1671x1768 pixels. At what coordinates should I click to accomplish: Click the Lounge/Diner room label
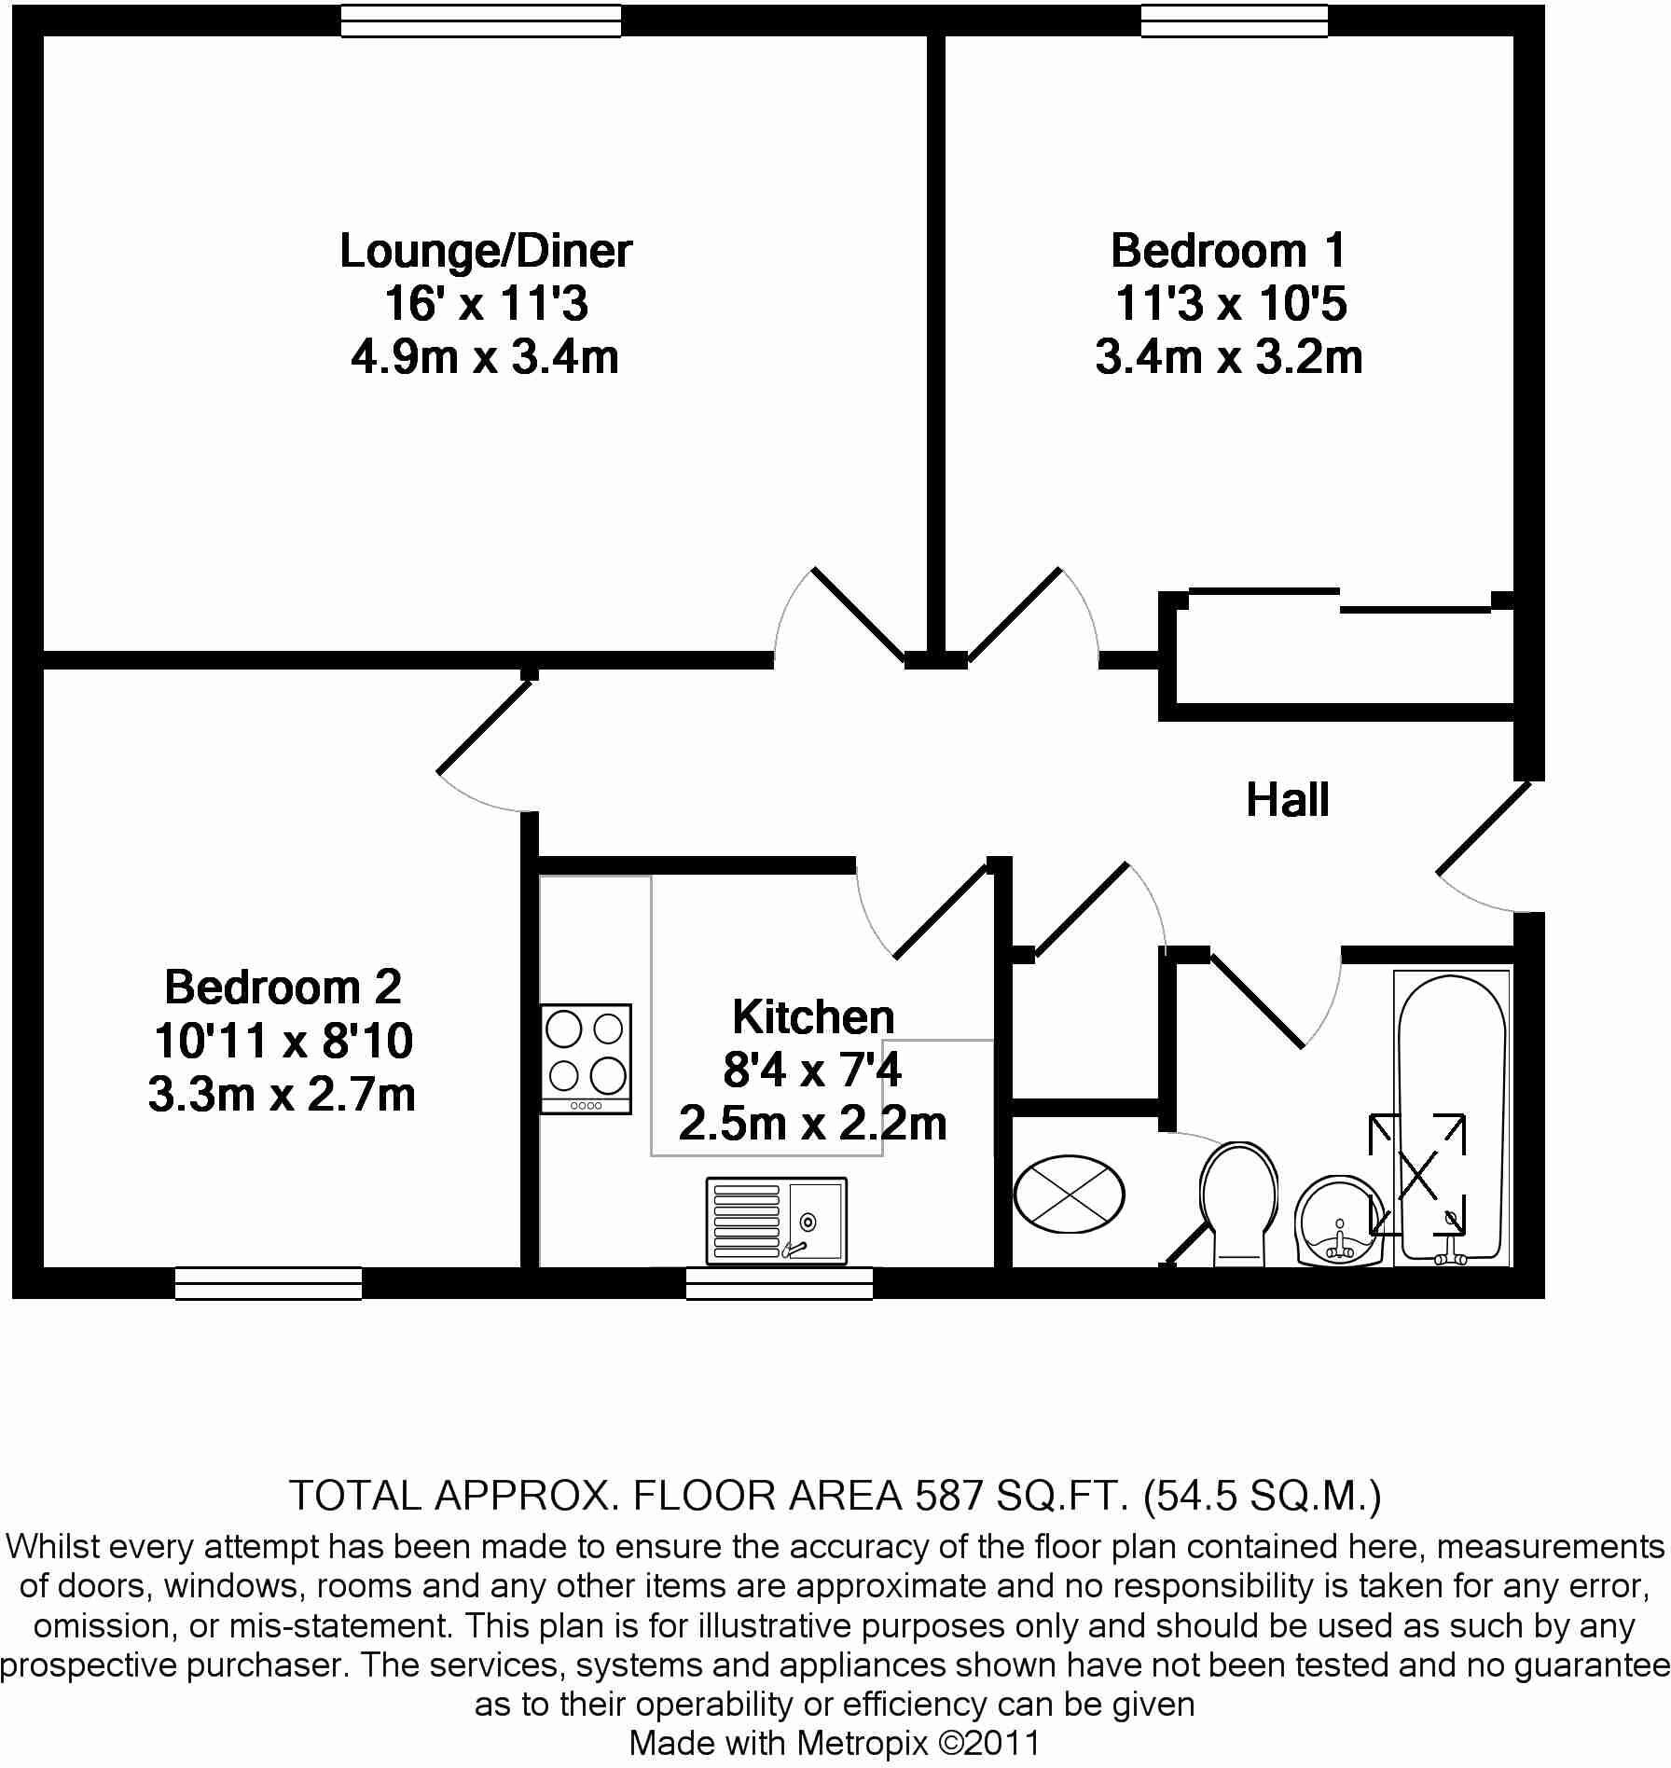[x=485, y=251]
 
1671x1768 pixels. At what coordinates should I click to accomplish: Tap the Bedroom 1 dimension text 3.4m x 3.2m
[x=1228, y=357]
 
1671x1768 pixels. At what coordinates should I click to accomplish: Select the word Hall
[x=1287, y=800]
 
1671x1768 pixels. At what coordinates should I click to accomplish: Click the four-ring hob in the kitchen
[x=586, y=1058]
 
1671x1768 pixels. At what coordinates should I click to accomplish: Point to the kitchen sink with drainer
[x=776, y=1220]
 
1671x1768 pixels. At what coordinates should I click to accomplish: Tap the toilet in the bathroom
[x=1237, y=1203]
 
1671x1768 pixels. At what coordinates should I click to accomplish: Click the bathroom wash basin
[x=1341, y=1222]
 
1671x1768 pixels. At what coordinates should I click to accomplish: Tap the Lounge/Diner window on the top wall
[x=480, y=21]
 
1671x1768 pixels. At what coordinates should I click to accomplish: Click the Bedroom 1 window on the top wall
[x=1235, y=21]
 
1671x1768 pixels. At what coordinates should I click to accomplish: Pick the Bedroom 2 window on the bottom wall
[x=269, y=1283]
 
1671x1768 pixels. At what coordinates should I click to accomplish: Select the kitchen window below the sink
[x=780, y=1283]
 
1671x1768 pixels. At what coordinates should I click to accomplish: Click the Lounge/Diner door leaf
[x=859, y=615]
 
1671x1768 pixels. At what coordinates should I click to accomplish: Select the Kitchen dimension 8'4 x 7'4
[x=812, y=1070]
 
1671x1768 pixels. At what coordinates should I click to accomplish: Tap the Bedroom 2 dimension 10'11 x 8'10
[x=283, y=1041]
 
